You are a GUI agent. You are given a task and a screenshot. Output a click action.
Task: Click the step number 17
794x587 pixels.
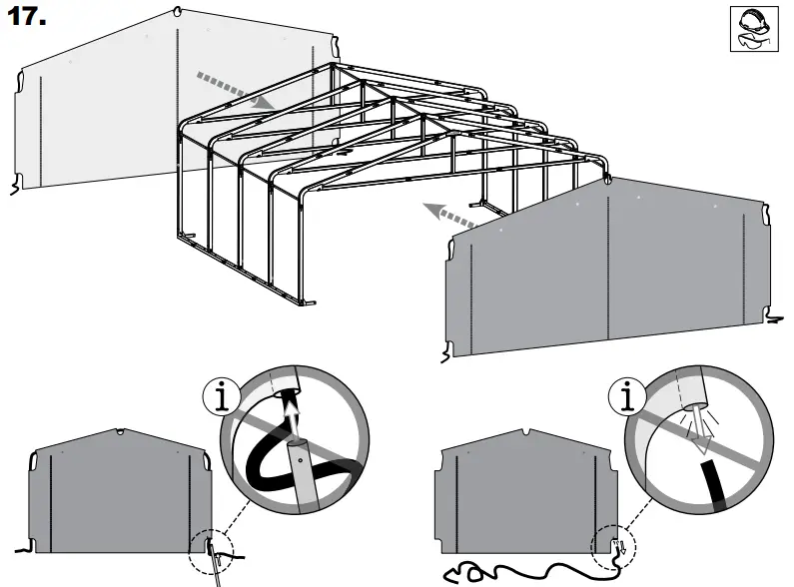point(28,19)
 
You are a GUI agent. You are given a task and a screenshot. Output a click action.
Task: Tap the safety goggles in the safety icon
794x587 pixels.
point(754,42)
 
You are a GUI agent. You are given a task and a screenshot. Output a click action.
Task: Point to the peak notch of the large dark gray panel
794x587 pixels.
point(607,181)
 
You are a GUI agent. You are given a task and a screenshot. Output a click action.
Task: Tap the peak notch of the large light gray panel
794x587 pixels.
point(178,12)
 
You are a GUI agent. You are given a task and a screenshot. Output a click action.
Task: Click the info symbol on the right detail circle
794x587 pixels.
point(626,398)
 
